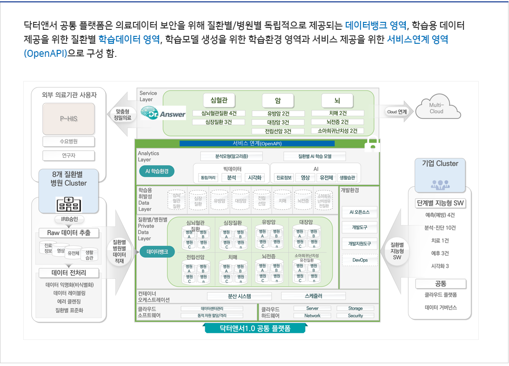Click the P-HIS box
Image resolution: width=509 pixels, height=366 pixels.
68,119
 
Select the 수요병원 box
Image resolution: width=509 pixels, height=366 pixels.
68,142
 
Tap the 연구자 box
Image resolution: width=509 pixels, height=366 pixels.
68,156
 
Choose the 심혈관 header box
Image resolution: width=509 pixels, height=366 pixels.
219,100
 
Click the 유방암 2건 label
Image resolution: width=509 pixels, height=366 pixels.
278,113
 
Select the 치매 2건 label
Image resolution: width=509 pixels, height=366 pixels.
337,113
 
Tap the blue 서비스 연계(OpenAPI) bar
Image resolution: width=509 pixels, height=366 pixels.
257,143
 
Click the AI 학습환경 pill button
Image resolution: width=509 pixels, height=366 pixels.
156,171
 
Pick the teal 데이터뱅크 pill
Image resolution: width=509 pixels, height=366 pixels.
157,252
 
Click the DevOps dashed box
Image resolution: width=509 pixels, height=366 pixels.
360,260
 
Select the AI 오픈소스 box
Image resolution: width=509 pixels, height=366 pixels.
360,212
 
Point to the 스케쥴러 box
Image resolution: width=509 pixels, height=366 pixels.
313,296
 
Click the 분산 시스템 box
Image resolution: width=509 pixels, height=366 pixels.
239,296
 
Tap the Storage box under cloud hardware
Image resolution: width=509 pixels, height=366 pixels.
355,308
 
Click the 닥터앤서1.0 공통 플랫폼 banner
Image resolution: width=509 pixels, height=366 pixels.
254,328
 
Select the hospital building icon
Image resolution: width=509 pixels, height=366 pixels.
68,204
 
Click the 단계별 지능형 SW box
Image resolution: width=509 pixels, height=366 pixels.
440,203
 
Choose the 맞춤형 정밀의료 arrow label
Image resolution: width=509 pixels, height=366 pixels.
122,115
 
